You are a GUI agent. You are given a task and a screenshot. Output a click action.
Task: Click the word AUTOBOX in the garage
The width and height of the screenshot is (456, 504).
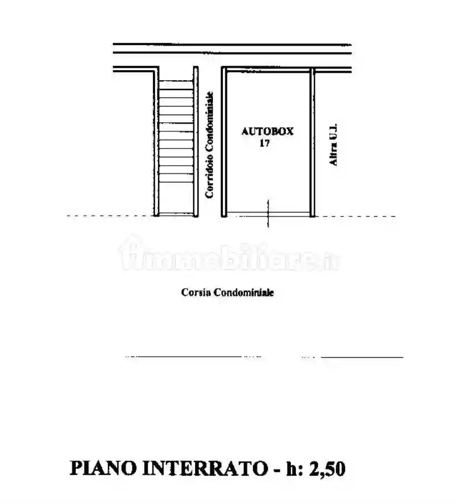point(267,132)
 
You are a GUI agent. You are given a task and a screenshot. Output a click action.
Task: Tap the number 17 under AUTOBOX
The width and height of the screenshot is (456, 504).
point(265,143)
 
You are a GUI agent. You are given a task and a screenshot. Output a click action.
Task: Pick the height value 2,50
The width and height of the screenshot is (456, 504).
point(325,468)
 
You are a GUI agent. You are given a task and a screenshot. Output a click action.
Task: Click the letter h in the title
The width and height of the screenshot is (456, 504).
point(292,468)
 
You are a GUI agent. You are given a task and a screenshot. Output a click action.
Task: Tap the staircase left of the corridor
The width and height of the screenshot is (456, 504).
point(175,145)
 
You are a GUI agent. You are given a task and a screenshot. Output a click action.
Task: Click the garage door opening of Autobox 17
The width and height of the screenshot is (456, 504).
point(267,215)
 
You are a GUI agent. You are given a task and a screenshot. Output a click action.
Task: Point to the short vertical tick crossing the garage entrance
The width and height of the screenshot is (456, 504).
point(268,214)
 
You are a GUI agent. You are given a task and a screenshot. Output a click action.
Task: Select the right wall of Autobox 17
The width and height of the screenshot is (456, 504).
point(313,142)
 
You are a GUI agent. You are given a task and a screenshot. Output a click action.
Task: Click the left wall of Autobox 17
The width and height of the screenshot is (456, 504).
point(224,142)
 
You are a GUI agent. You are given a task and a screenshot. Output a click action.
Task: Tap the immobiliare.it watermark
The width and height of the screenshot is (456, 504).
point(231,258)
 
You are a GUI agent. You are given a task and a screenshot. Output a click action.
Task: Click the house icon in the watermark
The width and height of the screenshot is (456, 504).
point(130,253)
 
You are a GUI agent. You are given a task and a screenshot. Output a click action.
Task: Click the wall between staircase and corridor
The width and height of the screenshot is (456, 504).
point(196,142)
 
